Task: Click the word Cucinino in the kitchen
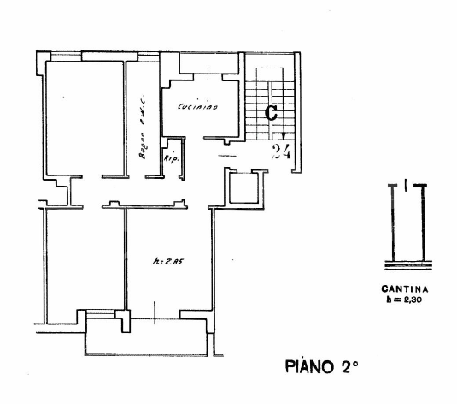(198, 107)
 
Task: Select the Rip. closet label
(170, 157)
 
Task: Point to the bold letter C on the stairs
(271, 112)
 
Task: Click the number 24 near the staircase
(282, 152)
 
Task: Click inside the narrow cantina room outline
(406, 227)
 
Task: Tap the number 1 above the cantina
(406, 182)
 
